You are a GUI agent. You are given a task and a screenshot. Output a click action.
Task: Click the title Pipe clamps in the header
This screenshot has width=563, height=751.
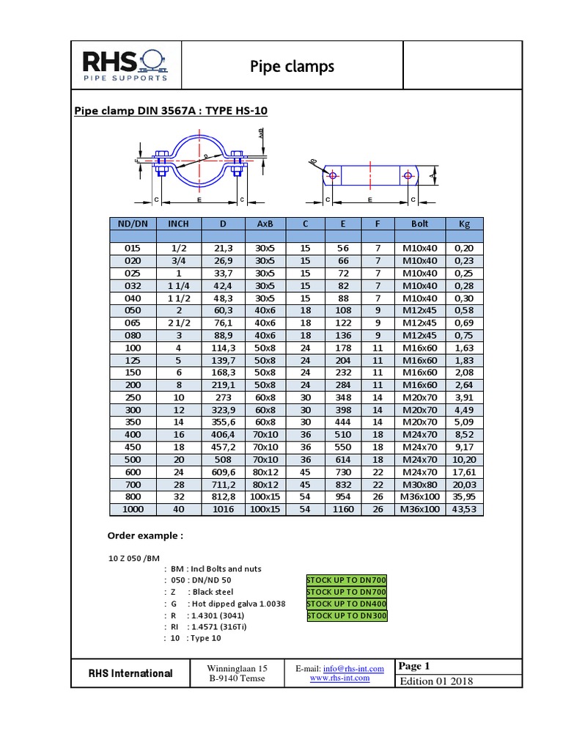292,67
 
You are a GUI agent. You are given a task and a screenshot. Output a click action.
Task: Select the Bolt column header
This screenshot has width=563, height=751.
419,224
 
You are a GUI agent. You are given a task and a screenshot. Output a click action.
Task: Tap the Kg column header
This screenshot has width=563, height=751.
464,224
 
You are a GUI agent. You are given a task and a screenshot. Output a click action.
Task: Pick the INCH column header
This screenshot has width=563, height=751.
178,224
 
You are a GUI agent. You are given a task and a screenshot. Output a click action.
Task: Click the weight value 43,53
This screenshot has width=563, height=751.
464,509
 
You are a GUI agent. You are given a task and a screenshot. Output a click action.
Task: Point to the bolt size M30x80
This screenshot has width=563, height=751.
419,484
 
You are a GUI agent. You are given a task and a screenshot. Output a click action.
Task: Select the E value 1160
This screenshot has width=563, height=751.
342,509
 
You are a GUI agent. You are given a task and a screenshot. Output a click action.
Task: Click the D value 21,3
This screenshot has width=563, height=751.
223,248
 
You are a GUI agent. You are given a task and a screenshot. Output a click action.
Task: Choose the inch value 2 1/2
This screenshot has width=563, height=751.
178,323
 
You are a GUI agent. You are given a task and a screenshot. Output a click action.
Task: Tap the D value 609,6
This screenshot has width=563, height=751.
223,472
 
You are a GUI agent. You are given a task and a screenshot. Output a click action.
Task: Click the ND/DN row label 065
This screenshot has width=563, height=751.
132,323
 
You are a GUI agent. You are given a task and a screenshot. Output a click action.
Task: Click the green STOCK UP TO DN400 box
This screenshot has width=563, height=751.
346,604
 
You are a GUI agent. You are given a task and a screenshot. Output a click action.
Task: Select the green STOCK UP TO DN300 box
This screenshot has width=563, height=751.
346,615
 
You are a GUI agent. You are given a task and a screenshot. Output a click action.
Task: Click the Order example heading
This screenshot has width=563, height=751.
145,535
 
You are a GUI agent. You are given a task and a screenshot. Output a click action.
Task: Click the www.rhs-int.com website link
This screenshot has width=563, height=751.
339,678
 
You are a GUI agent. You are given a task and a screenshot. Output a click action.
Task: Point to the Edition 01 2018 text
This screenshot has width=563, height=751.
435,681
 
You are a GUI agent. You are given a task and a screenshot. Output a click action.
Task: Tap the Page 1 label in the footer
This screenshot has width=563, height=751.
414,666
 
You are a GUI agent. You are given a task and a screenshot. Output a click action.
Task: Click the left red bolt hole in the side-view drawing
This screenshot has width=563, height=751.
333,176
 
